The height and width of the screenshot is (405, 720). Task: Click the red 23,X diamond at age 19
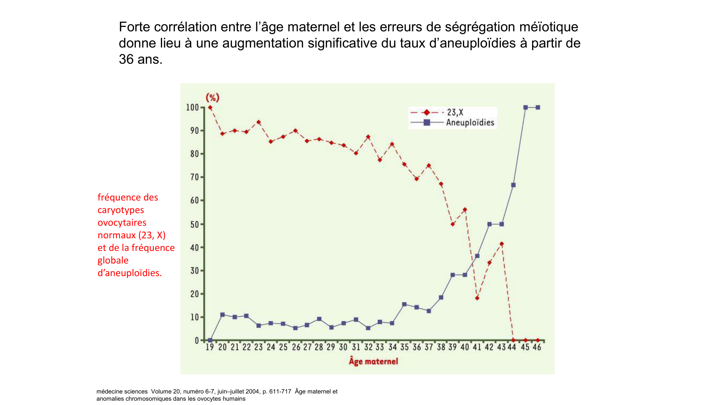(x=210, y=107)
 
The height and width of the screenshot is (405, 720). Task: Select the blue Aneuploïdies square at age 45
(x=526, y=107)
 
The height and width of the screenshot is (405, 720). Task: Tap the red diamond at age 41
(x=477, y=298)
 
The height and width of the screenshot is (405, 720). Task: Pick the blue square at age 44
(x=513, y=185)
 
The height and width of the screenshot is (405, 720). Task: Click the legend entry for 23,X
(x=455, y=113)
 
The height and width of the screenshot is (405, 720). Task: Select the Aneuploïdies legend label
(x=470, y=123)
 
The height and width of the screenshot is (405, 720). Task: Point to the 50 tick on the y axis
(x=194, y=224)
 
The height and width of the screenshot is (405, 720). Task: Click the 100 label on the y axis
(x=192, y=107)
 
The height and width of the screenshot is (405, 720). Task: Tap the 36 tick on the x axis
(x=417, y=347)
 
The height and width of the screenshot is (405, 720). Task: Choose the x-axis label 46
(x=537, y=347)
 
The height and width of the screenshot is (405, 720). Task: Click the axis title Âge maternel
(x=373, y=361)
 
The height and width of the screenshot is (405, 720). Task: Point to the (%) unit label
(x=212, y=98)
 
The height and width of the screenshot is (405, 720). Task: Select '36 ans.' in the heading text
(x=140, y=59)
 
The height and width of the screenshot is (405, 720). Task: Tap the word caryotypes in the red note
(x=121, y=210)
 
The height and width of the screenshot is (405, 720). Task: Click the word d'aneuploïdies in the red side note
(x=130, y=273)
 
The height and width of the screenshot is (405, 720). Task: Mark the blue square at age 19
(x=210, y=340)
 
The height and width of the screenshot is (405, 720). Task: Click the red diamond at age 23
(x=258, y=122)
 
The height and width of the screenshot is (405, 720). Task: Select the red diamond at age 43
(x=501, y=244)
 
